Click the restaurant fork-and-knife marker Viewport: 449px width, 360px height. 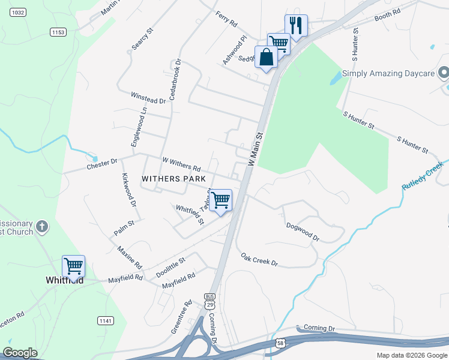295,26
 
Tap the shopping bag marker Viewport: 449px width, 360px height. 266,58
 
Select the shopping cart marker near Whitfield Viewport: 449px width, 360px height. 73,266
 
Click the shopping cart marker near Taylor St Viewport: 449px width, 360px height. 221,200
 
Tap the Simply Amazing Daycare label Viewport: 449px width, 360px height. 388,74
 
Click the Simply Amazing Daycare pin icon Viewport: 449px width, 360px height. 444,73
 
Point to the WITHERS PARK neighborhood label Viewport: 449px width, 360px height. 173,179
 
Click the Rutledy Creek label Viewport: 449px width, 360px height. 423,175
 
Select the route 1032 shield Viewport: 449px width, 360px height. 19,12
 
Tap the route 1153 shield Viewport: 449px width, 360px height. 58,32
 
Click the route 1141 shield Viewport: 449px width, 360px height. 104,321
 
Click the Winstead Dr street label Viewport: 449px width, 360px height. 148,98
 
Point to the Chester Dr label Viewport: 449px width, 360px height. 102,163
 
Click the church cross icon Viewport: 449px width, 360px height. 41,226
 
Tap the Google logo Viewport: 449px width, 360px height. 20,353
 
